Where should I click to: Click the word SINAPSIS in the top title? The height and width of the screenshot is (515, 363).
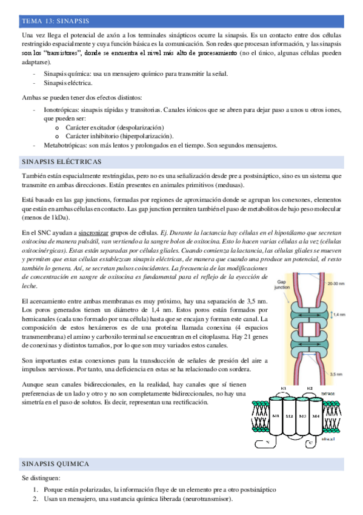69,21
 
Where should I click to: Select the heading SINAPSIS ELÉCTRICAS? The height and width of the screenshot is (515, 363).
61,162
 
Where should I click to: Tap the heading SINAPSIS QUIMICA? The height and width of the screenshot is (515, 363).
56,464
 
